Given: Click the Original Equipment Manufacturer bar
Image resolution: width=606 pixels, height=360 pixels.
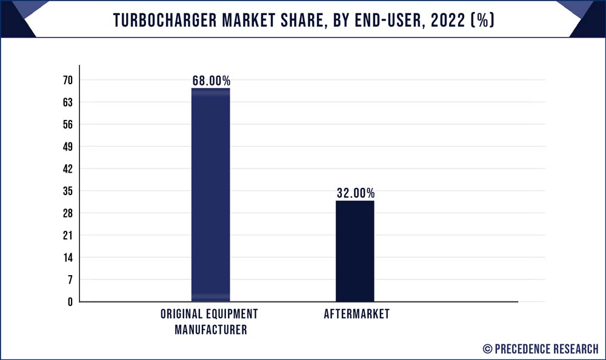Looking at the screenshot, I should click(210, 195).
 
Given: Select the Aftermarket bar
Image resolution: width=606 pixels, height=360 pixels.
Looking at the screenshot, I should click(355, 251).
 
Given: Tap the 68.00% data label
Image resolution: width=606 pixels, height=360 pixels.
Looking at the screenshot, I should click(211, 81).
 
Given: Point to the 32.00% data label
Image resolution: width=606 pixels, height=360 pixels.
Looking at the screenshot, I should click(355, 193).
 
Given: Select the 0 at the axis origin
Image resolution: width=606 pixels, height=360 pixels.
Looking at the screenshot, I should click(70, 302).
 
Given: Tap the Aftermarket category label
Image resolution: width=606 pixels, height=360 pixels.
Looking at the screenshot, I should click(356, 314).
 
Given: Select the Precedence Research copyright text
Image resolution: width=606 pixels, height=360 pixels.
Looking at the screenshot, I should click(541, 348).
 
